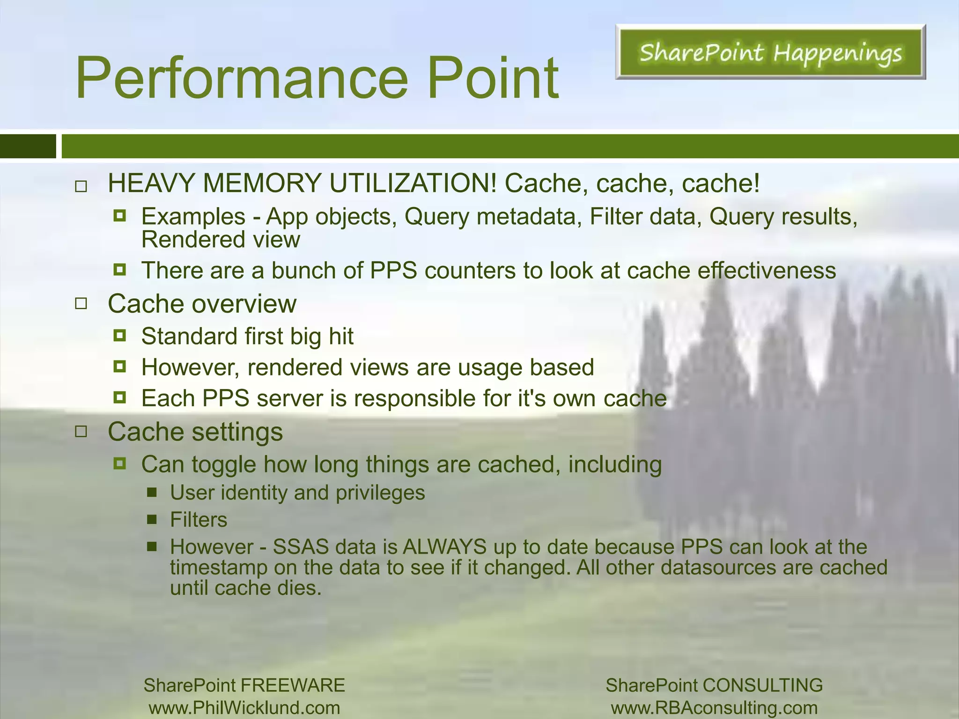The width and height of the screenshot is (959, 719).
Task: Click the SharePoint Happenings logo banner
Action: coord(770,52)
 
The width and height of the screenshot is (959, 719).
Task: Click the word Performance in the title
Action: coord(242,78)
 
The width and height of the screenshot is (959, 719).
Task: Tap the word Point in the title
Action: coord(493,78)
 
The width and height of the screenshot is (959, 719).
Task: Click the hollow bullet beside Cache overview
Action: coord(81,304)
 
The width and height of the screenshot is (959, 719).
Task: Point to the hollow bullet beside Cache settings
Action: coord(81,432)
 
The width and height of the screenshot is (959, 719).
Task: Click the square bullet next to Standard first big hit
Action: coord(120,336)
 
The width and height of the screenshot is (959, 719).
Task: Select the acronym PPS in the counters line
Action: coord(393,271)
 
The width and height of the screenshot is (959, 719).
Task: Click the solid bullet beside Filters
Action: coord(152,519)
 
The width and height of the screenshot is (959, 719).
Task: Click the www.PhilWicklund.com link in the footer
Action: coord(244,708)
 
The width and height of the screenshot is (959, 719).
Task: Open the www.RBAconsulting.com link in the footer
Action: coord(714,708)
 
